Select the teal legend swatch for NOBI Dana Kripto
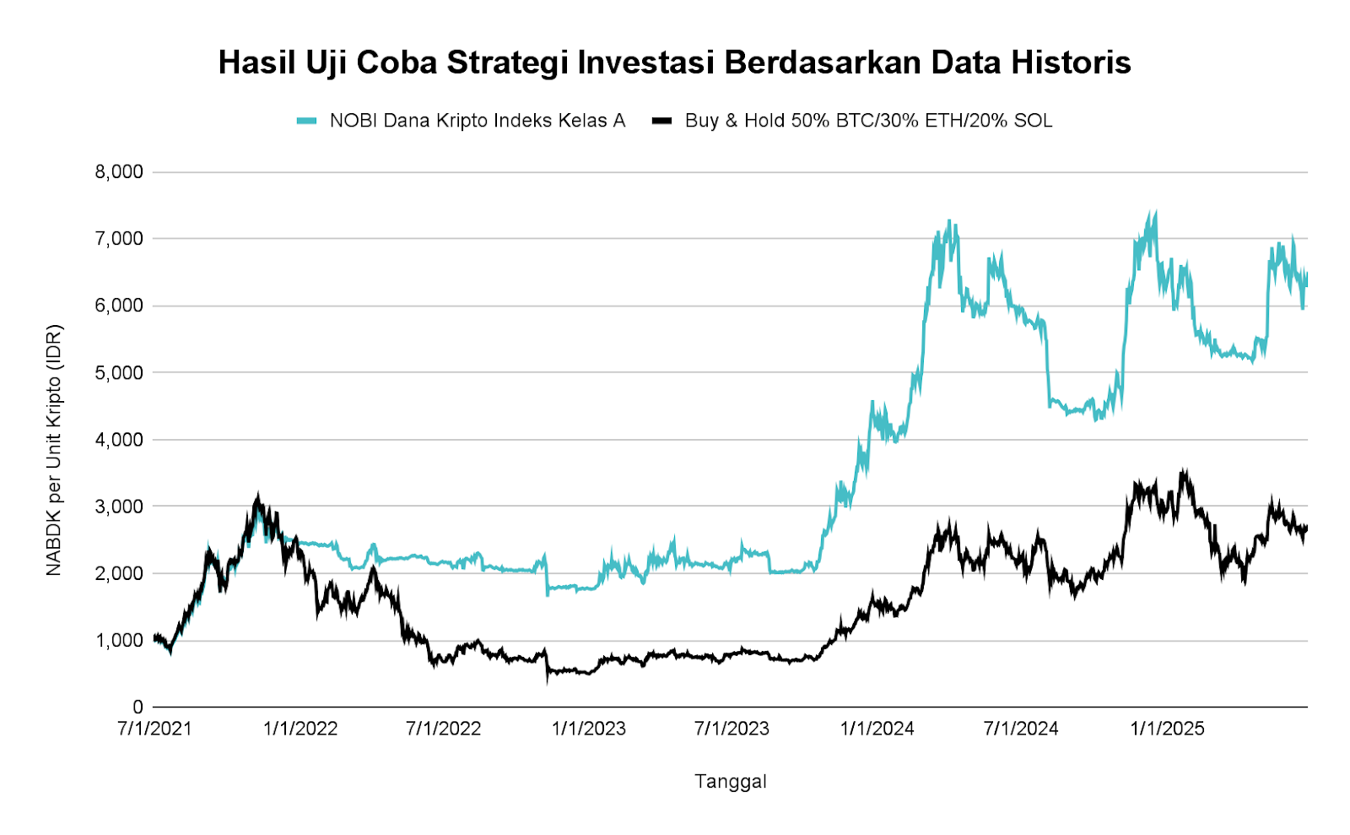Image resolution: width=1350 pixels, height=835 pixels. pyautogui.click(x=306, y=121)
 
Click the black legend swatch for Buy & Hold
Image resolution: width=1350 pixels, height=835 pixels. pyautogui.click(x=661, y=121)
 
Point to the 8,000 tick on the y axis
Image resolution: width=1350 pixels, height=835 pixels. pyautogui.click(x=119, y=172)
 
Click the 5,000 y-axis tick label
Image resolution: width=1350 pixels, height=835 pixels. pyautogui.click(x=119, y=372)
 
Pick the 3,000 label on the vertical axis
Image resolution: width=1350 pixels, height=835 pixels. pyautogui.click(x=119, y=507)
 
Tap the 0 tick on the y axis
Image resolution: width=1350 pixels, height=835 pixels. pyautogui.click(x=138, y=708)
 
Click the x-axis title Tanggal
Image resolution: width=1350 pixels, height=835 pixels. pyautogui.click(x=731, y=782)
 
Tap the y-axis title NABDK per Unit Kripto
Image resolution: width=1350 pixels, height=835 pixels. pyautogui.click(x=55, y=450)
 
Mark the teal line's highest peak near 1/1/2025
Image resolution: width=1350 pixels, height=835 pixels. pyautogui.click(x=1154, y=213)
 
